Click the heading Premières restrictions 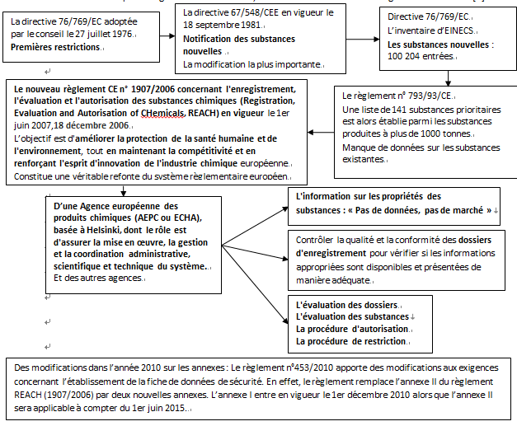55,49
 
